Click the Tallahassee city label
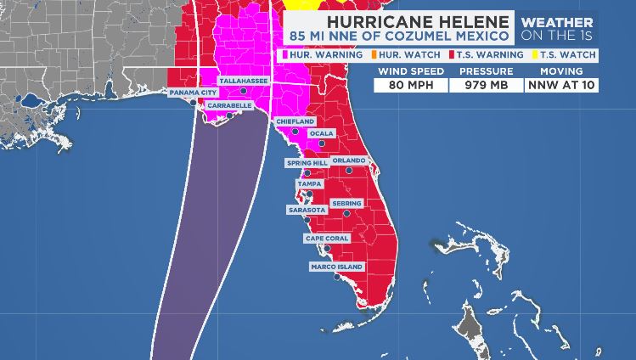tap(244, 81)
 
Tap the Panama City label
tap(193, 92)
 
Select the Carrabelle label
tap(229, 105)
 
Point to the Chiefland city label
tap(295, 121)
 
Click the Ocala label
tap(321, 133)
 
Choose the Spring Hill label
tap(307, 162)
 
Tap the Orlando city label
tap(348, 160)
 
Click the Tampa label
tap(307, 183)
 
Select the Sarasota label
tap(307, 209)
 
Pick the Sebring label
tap(346, 203)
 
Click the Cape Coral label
tap(327, 239)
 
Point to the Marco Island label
tap(338, 267)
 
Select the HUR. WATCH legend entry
tap(400, 54)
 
